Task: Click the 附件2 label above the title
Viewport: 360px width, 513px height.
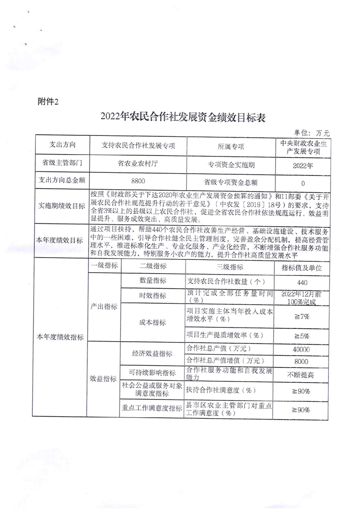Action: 47,102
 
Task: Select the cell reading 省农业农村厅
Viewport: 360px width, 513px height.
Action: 138,163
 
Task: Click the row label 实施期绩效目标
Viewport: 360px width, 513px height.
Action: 61,206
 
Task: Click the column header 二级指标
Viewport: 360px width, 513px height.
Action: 152,267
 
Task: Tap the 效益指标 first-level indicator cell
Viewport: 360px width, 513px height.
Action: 103,378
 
